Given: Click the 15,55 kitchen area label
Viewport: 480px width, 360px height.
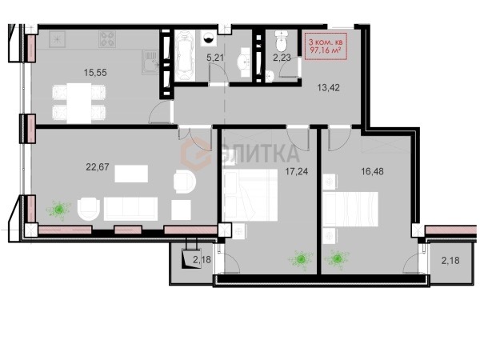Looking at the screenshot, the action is coord(95,73).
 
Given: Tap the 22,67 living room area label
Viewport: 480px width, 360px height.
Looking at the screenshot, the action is coord(98,167).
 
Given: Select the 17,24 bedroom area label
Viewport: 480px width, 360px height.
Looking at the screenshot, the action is coord(296,171).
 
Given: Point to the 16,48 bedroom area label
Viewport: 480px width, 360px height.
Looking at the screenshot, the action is coord(372,171).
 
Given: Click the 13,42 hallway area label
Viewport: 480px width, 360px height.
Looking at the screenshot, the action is coord(328,88).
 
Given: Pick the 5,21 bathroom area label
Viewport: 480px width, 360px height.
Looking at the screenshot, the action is coord(215,58).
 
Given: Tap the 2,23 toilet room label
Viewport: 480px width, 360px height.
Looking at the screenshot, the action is coord(282,58).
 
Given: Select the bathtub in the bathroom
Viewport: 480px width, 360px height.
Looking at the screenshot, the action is coord(185,55).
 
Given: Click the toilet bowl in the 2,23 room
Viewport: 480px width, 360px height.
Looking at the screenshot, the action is coord(281,41).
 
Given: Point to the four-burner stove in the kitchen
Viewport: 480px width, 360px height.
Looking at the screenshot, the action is coord(107,39).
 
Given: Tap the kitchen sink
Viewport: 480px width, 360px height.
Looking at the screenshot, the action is coord(150,62).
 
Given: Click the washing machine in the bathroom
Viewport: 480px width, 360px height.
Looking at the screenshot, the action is coord(209,38).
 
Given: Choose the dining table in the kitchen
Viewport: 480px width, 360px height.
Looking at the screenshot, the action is coord(79,103).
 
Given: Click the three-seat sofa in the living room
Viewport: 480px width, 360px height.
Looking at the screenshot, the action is coord(130,209).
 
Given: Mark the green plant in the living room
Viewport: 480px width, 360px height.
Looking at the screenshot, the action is coord(59,210).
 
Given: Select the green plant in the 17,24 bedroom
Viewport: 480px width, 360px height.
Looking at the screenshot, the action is coord(301,259).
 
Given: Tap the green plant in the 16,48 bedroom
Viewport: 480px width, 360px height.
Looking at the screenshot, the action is coord(338,259).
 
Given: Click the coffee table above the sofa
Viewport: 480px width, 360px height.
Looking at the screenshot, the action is coord(131,174).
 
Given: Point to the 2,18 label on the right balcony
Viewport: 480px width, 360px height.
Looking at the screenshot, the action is coord(450,261).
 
